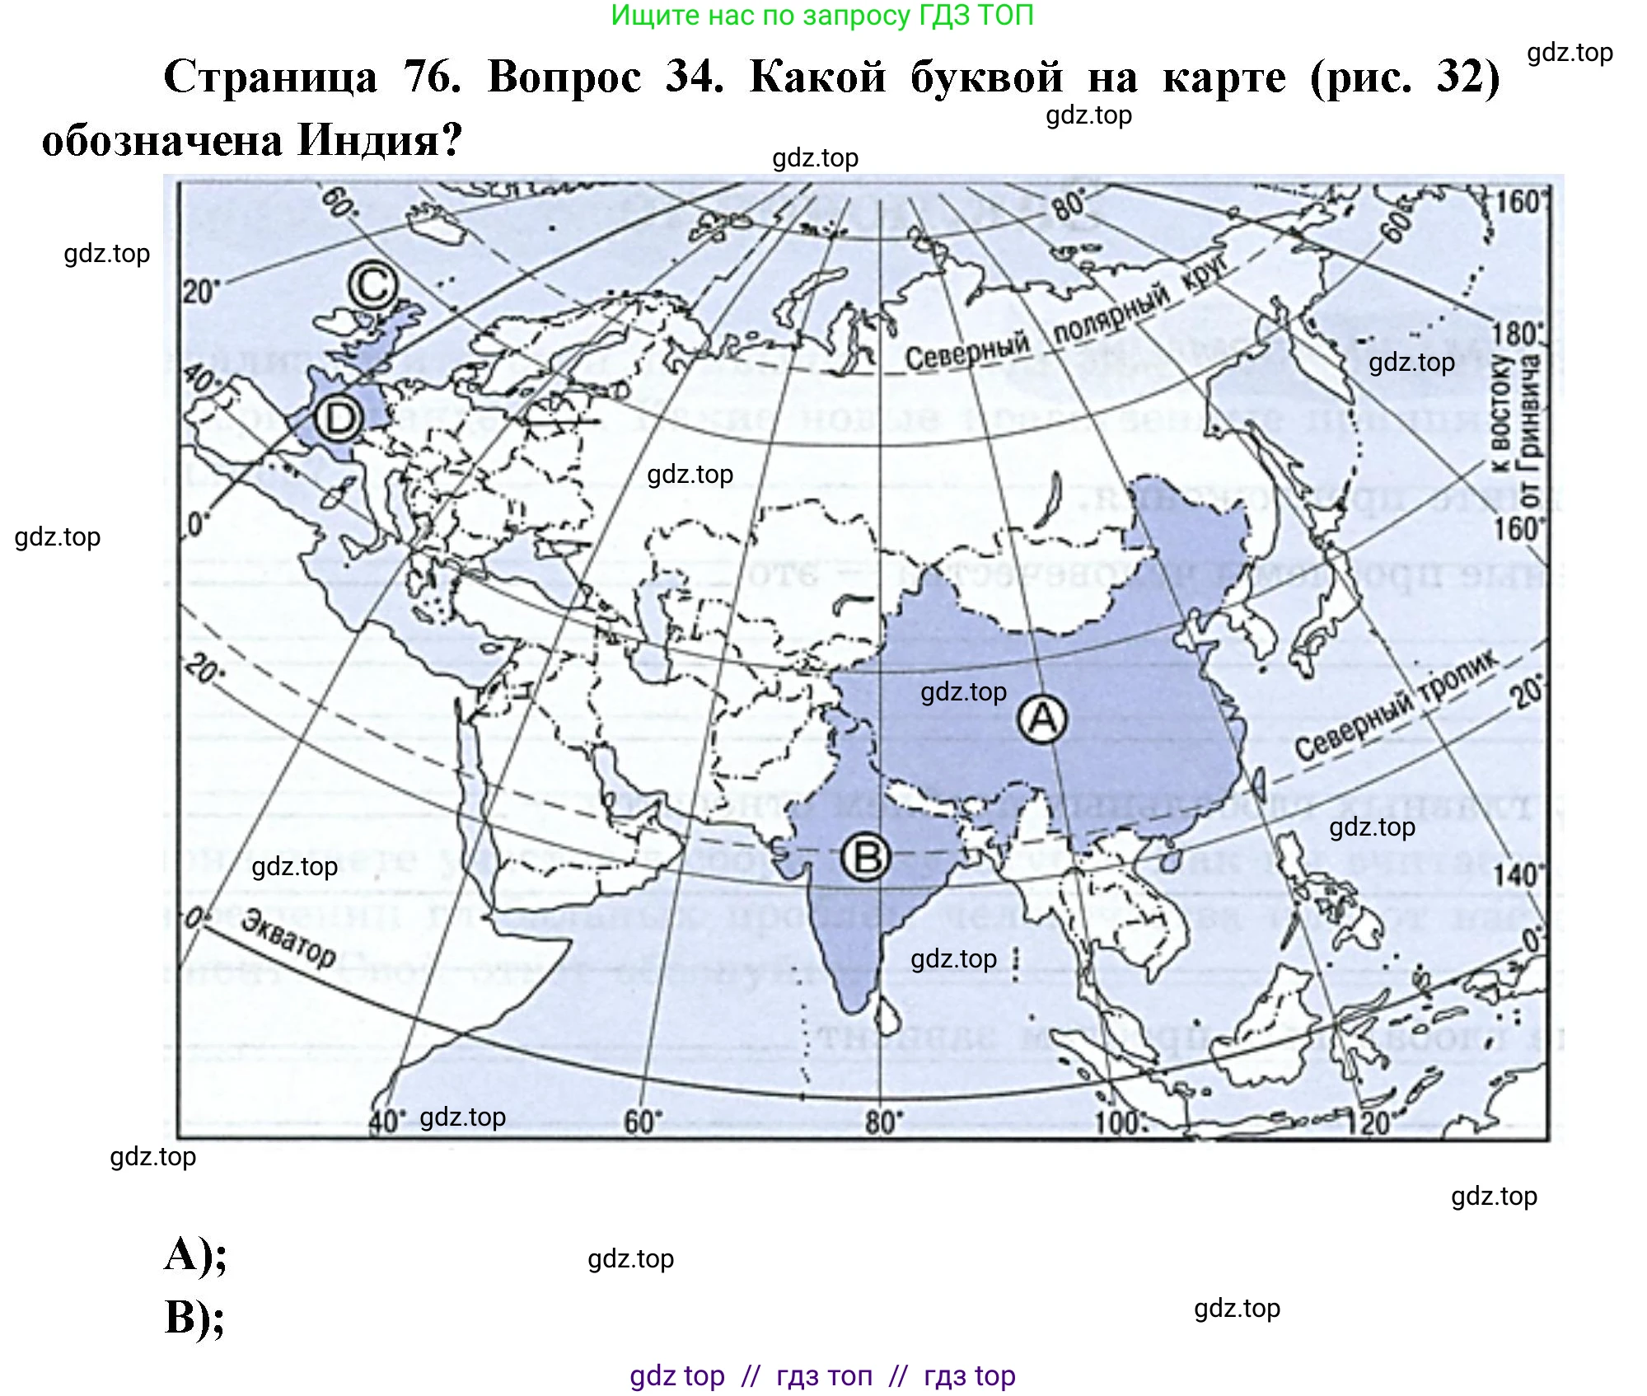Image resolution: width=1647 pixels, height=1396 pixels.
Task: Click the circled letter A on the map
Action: (x=1042, y=719)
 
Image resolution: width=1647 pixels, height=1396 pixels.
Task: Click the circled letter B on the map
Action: (x=865, y=858)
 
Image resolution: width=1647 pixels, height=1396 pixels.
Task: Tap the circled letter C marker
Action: (x=372, y=286)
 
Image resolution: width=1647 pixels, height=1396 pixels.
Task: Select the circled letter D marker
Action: (x=339, y=419)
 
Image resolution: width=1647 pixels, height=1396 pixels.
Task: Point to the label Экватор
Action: (x=288, y=938)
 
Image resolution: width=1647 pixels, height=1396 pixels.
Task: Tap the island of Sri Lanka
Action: (x=886, y=1016)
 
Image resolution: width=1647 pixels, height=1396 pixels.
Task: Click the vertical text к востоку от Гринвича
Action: (x=1515, y=429)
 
